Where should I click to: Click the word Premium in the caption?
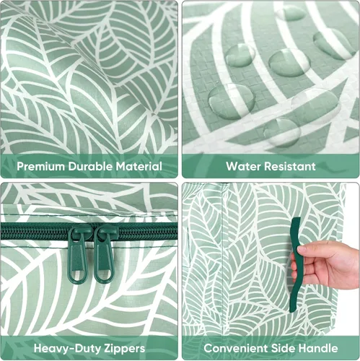click(x=40, y=167)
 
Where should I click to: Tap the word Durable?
click(x=90, y=167)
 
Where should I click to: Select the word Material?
click(x=139, y=167)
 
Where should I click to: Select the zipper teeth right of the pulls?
click(x=147, y=232)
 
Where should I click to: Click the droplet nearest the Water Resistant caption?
click(x=282, y=132)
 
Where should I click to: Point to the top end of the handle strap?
click(x=297, y=218)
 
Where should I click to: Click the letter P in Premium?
click(x=20, y=167)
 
